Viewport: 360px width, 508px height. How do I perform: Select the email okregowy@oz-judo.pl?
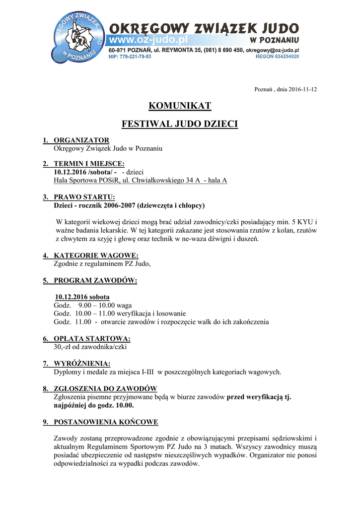272,50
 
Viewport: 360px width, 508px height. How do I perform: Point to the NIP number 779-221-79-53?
130,57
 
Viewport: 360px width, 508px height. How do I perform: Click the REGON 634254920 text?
277,57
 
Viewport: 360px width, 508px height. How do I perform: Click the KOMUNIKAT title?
180,106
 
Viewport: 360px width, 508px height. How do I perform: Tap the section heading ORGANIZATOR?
81,140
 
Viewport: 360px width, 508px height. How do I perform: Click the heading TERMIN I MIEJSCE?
89,164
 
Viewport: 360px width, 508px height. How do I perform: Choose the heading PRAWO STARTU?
84,197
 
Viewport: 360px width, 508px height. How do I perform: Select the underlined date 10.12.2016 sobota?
82,297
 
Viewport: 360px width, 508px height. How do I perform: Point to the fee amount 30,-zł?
63,347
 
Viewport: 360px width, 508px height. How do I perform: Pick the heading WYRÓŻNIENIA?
82,364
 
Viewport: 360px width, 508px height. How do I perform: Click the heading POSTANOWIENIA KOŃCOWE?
106,422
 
